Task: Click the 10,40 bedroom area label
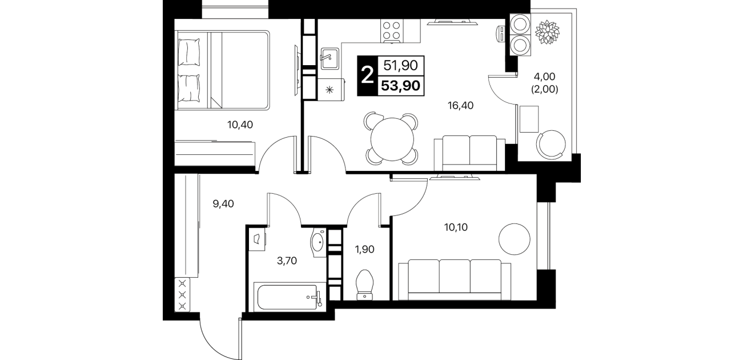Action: click(x=240, y=125)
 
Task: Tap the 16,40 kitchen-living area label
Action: click(x=460, y=106)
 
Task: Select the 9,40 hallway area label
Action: click(x=223, y=204)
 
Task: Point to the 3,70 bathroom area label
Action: click(x=287, y=261)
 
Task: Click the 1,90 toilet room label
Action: click(x=364, y=249)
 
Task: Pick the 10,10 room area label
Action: click(x=456, y=227)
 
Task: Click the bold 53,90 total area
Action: click(x=401, y=86)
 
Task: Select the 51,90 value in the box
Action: click(x=400, y=65)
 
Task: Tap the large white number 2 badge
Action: click(x=367, y=75)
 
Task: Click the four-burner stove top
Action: click(x=392, y=30)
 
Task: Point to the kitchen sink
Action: click(x=330, y=58)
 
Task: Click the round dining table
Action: click(x=392, y=139)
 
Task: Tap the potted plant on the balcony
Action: click(x=547, y=32)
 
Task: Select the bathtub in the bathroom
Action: click(x=288, y=297)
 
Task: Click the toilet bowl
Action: click(x=364, y=285)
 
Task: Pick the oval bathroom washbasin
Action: click(x=318, y=242)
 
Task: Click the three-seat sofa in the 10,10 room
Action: click(x=455, y=279)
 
